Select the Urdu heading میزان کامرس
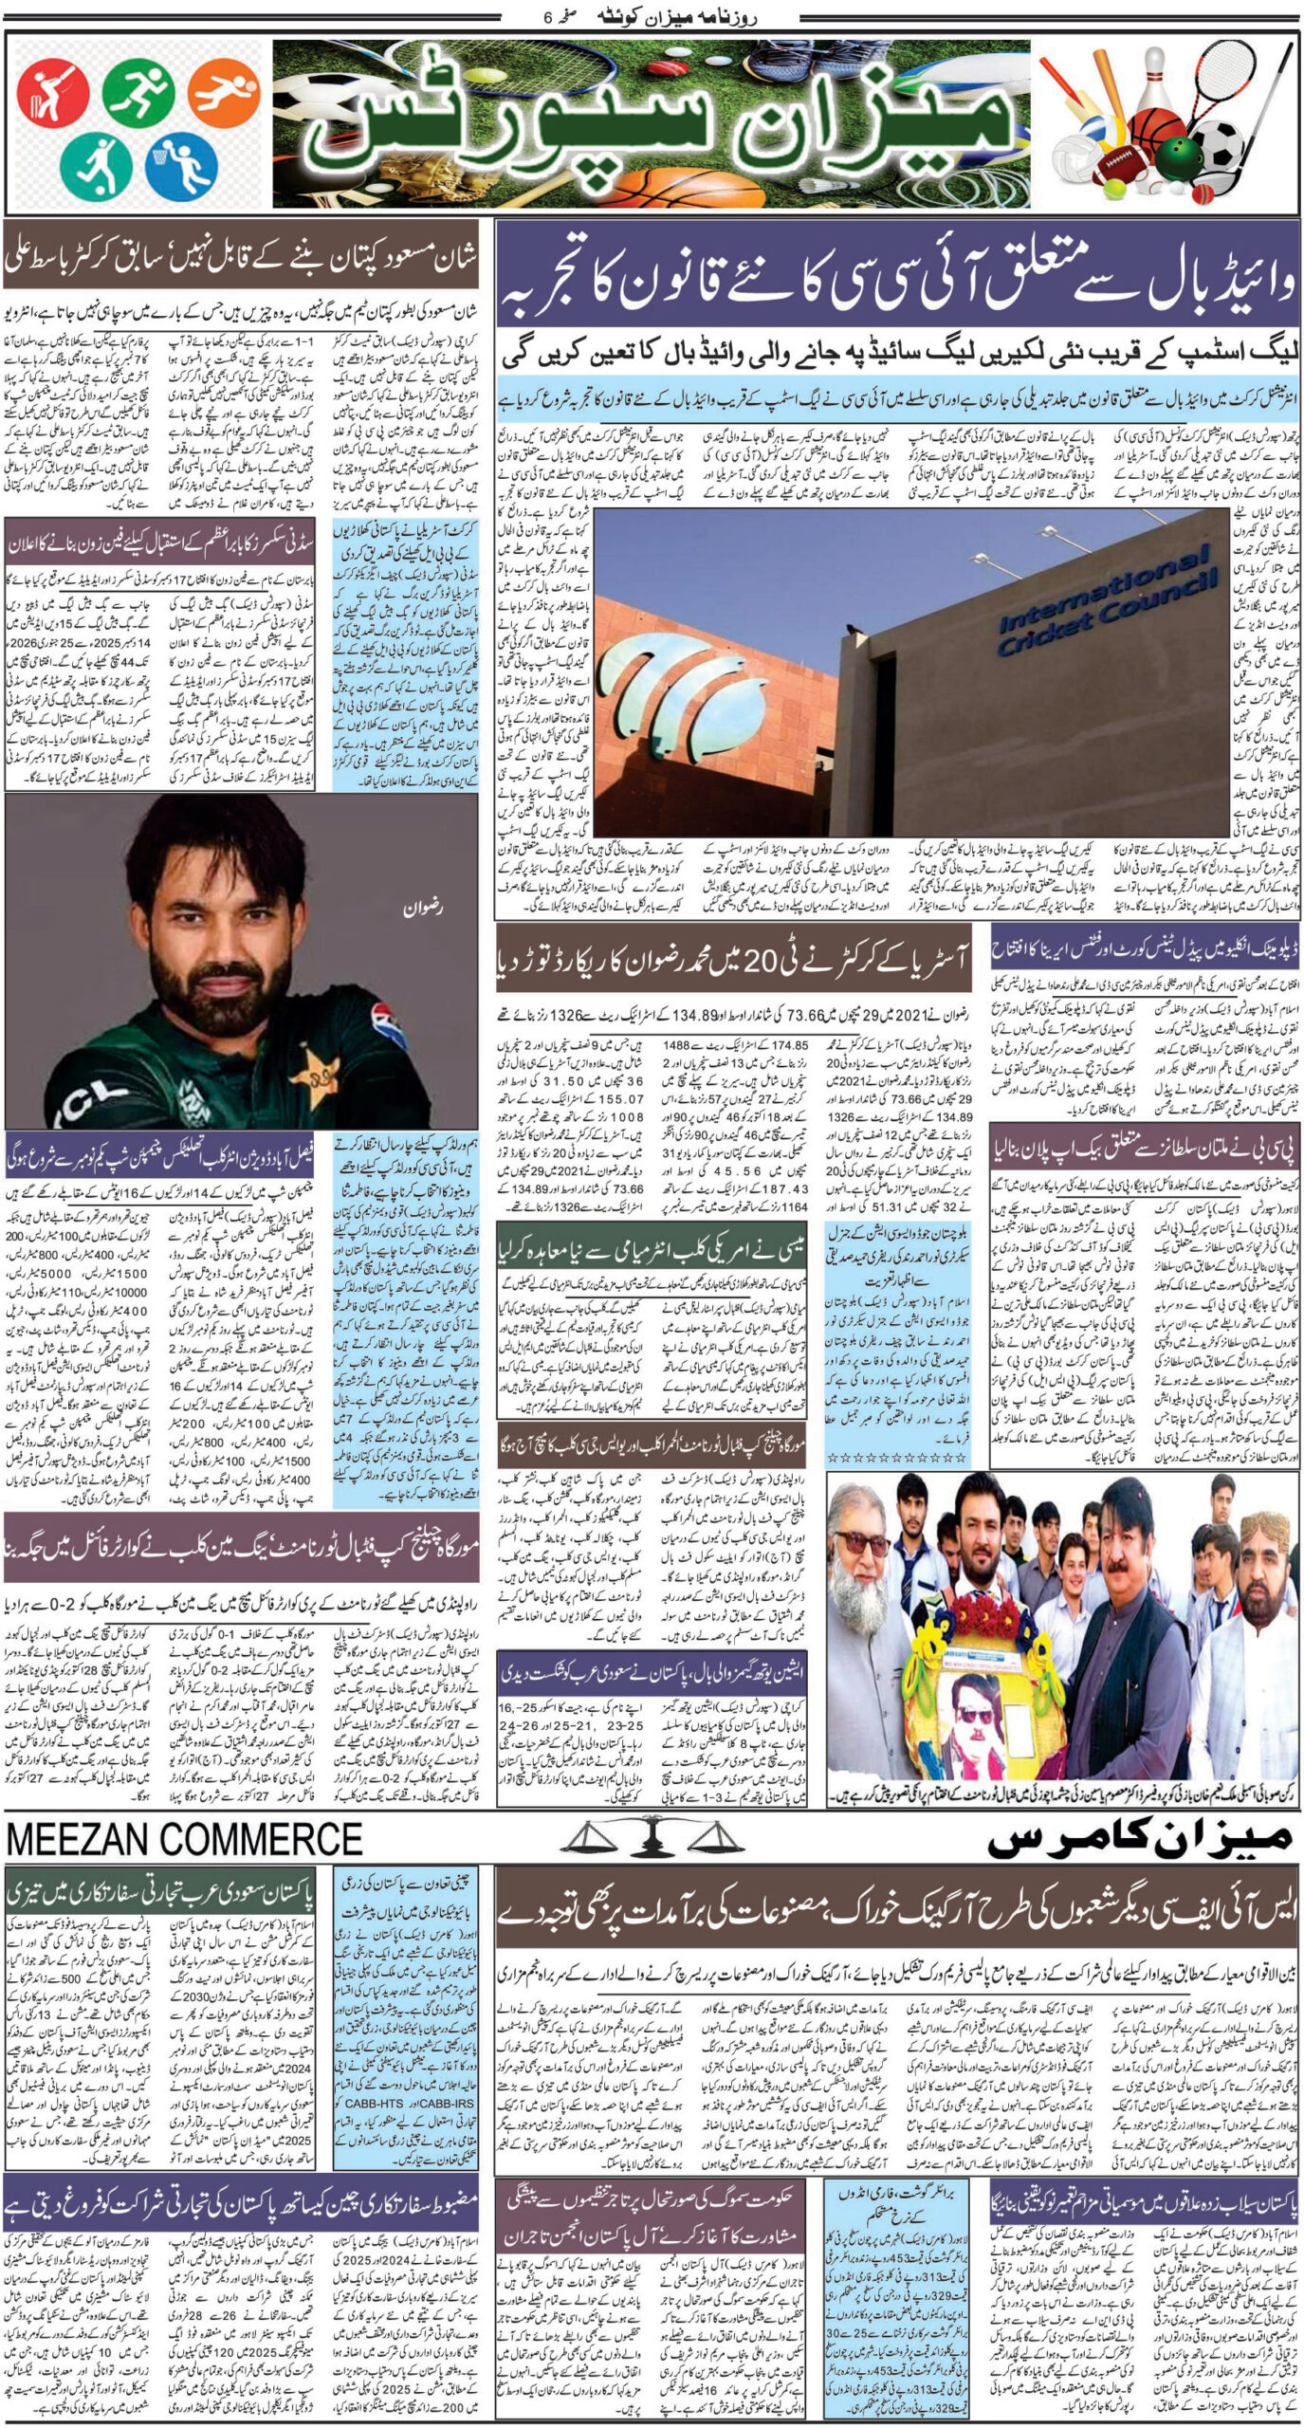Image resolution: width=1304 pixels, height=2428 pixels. [x=1138, y=1840]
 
